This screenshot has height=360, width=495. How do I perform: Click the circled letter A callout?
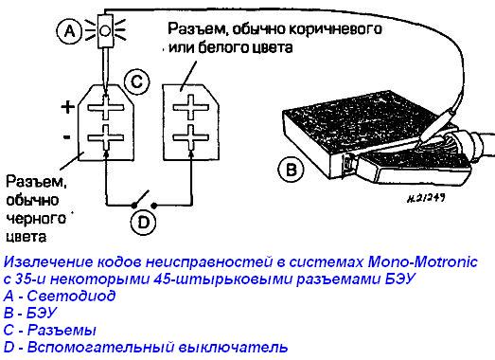pos(69,31)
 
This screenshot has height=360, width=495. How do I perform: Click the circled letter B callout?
pos(291,170)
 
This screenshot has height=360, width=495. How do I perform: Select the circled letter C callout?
pos(136,81)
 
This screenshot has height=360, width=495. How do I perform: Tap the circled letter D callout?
pos(143,222)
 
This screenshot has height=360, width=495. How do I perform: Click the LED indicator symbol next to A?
pos(105,31)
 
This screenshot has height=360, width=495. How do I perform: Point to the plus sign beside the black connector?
pos(67,107)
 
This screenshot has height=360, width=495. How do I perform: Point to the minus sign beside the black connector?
pos(66,137)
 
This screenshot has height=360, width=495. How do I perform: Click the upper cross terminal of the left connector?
pos(105,107)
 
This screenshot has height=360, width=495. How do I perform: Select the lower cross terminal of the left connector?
pos(105,137)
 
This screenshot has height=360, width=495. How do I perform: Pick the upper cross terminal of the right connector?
pos(191,107)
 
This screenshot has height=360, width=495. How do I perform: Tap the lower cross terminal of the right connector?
pos(191,137)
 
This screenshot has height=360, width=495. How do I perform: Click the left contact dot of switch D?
pos(133,206)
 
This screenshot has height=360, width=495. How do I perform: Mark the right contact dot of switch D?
pos(154,206)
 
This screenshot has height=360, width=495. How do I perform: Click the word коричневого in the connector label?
pos(335,29)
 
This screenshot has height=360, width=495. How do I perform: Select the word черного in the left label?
pos(36,219)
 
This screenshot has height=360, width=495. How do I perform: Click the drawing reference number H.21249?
pos(426,199)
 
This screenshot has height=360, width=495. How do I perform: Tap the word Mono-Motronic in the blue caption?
pos(423,262)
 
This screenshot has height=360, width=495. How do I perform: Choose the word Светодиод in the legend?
pos(71,296)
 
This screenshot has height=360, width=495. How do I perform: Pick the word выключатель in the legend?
pos(233,347)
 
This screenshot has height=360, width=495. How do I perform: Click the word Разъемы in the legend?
pos(62,331)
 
